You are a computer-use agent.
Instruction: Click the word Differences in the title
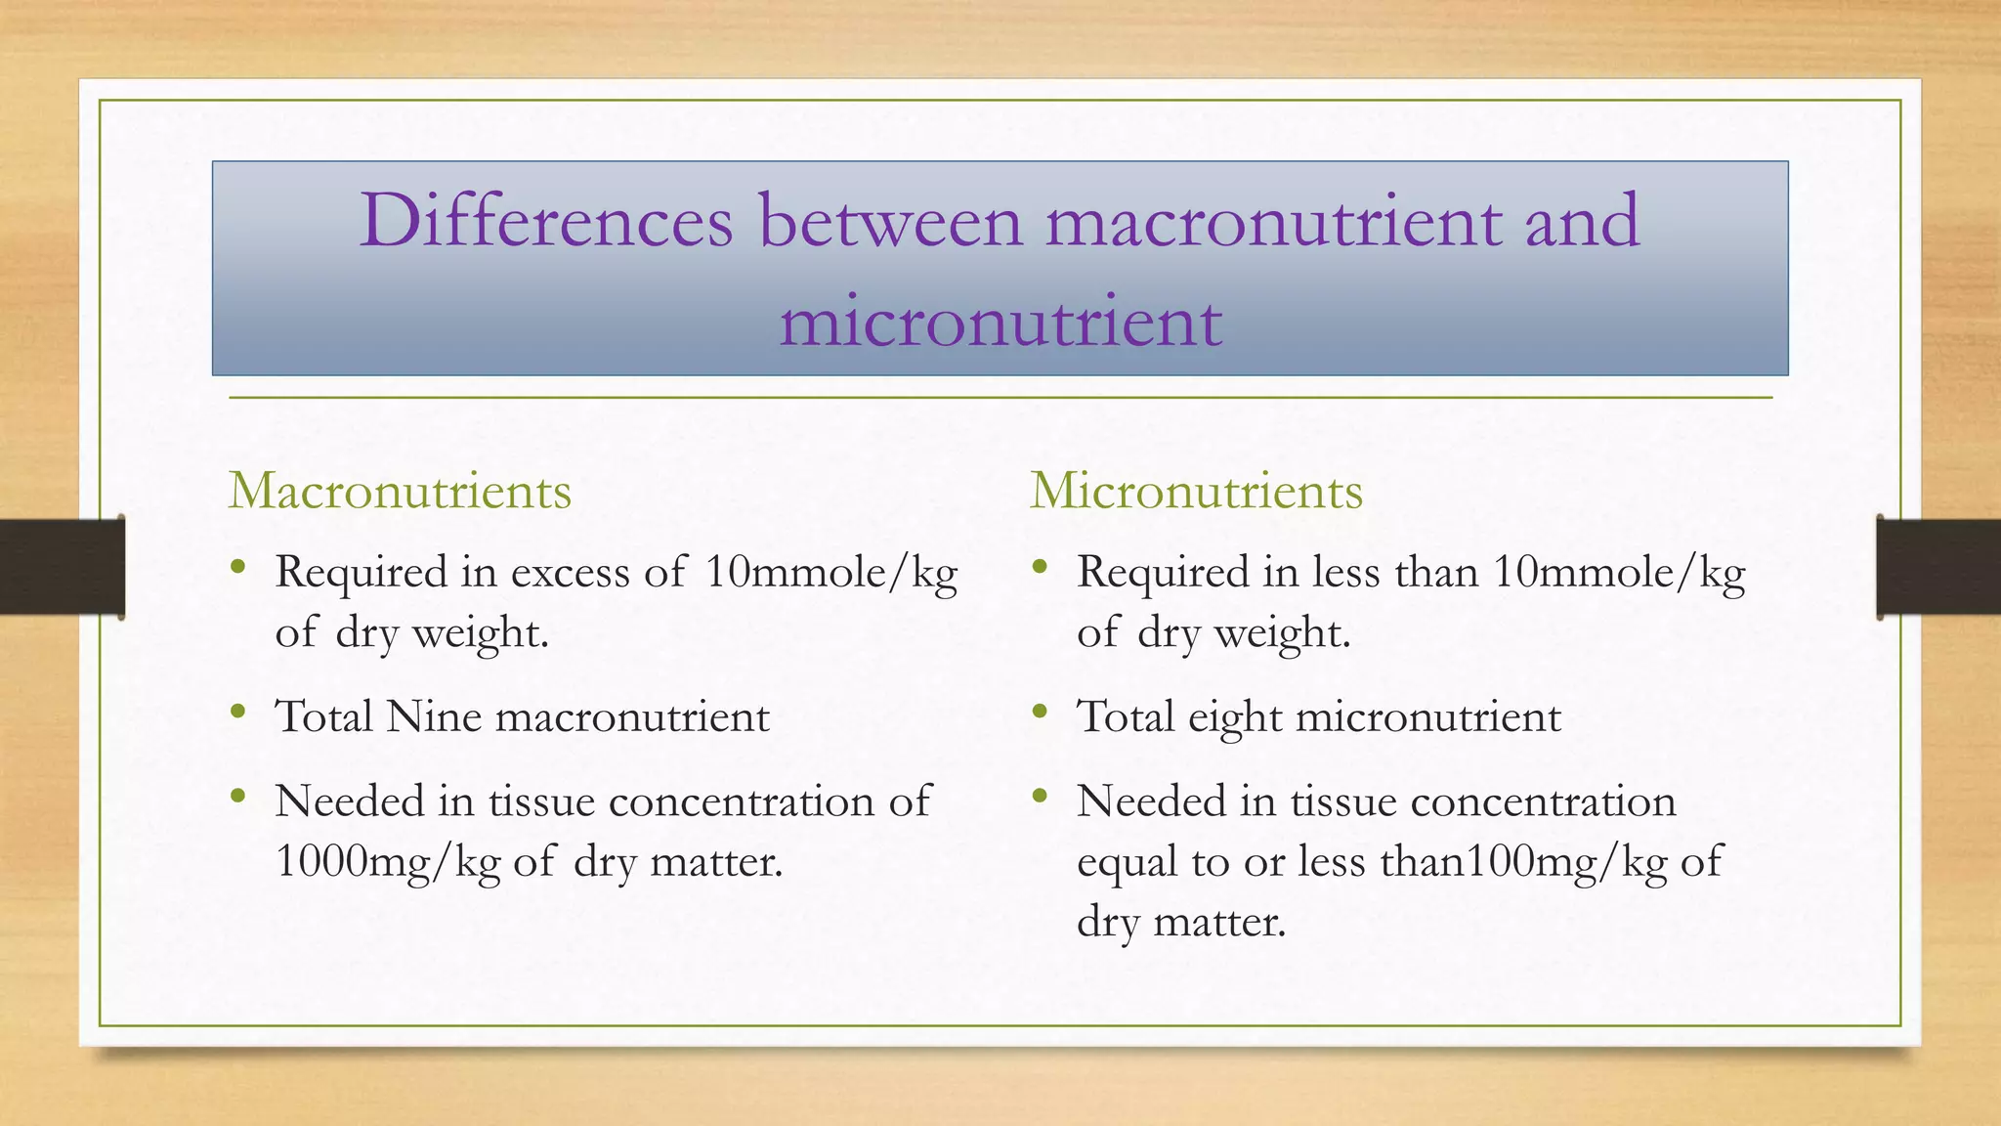coord(546,221)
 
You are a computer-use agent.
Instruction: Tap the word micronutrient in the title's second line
coord(1000,322)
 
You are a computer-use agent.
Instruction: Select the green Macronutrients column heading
coord(400,491)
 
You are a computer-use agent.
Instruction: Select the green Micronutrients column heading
coord(1196,491)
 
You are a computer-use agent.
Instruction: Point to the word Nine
coord(434,716)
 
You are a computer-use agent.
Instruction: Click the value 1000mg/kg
coord(388,862)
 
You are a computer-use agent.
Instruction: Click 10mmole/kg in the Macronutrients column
coord(830,573)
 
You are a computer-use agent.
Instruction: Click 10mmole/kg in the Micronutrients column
coord(1619,573)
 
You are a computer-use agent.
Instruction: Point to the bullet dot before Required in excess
coord(238,567)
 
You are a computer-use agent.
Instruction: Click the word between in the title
coord(890,221)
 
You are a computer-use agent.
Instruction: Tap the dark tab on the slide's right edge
coord(1938,567)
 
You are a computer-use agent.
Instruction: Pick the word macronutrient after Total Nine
coord(632,716)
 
